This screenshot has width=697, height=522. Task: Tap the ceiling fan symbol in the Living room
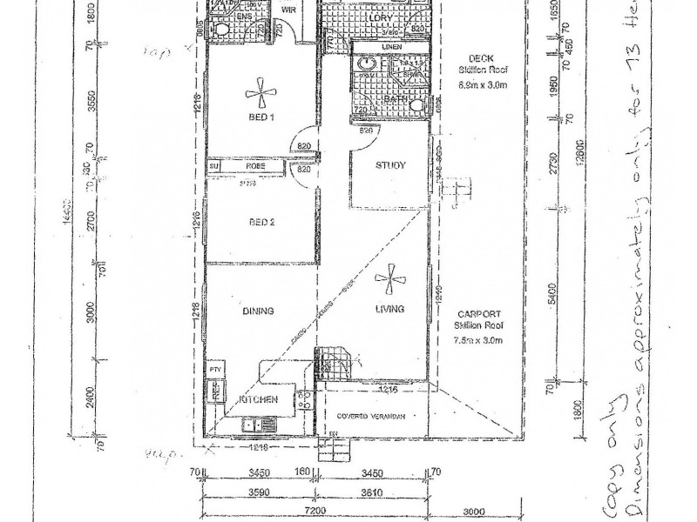389,280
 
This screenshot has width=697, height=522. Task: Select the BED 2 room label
261,223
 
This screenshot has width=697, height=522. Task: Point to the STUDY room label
391,165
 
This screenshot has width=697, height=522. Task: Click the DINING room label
260,311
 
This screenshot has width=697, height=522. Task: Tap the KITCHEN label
258,399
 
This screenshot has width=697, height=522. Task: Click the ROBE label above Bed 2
254,165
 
